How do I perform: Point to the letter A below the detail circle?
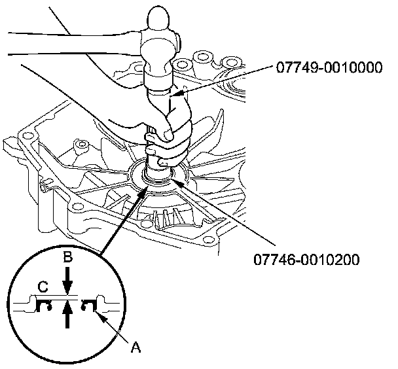coord(136,349)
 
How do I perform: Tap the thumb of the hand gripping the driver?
coord(169,134)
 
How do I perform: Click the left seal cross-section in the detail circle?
coord(46,304)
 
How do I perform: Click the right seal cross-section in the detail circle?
coord(89,304)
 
